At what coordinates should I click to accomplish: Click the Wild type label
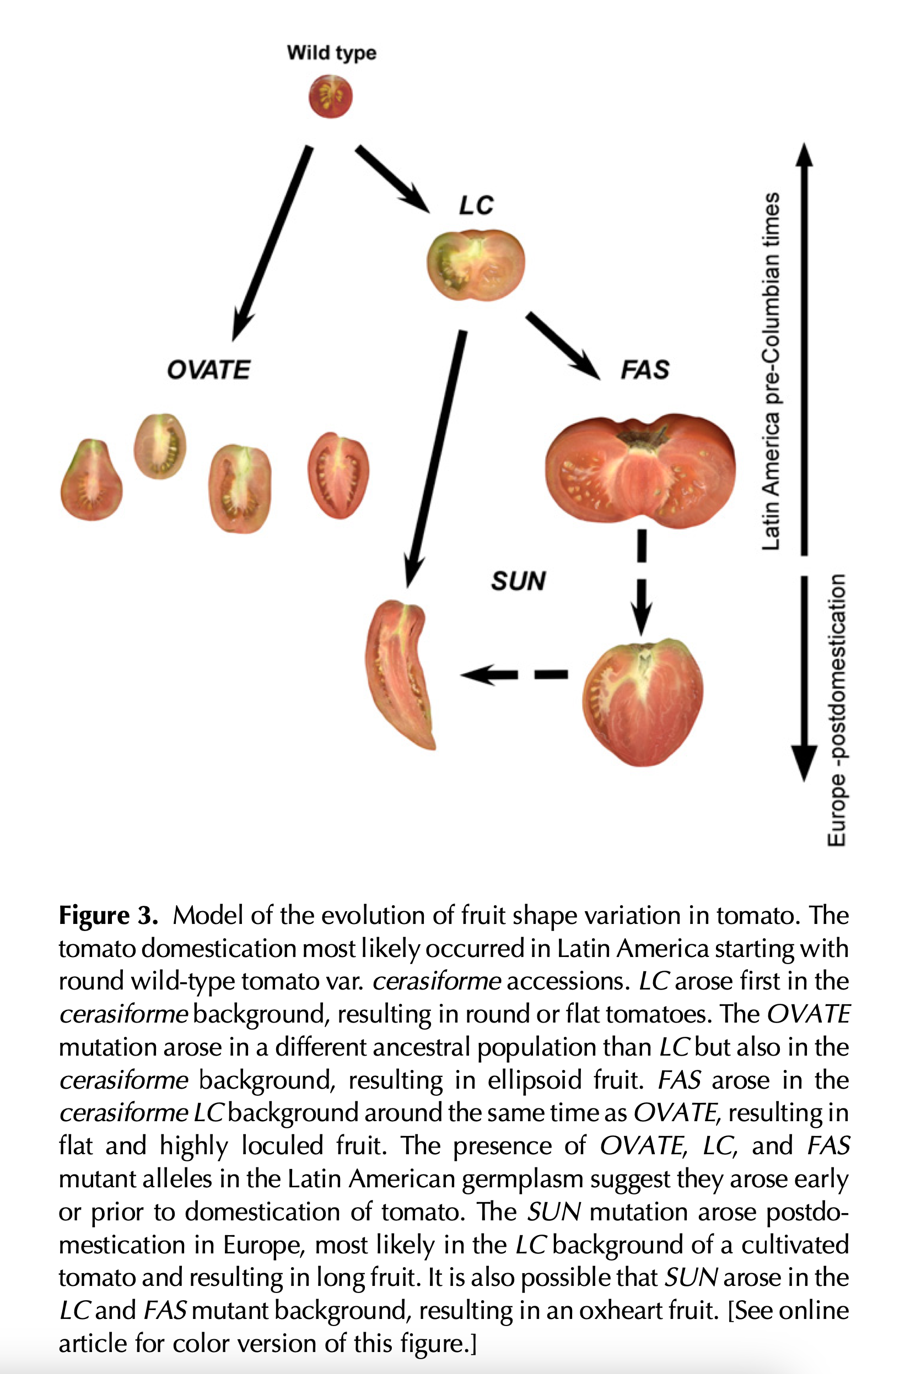pyautogui.click(x=331, y=52)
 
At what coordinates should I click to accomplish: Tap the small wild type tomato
pyautogui.click(x=330, y=96)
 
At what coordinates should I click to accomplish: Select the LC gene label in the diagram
pyautogui.click(x=476, y=205)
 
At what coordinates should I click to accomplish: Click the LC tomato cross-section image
pyautogui.click(x=476, y=264)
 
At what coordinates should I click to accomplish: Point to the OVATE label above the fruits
pyautogui.click(x=208, y=370)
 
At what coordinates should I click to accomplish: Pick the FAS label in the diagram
pyautogui.click(x=644, y=370)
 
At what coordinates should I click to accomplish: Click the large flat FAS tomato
pyautogui.click(x=640, y=470)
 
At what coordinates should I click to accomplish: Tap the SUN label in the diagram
pyautogui.click(x=518, y=581)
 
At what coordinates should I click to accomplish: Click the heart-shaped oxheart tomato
pyautogui.click(x=643, y=701)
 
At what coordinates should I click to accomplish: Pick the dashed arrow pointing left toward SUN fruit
pyautogui.click(x=514, y=674)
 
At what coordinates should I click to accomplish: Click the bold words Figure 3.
pyautogui.click(x=108, y=915)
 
